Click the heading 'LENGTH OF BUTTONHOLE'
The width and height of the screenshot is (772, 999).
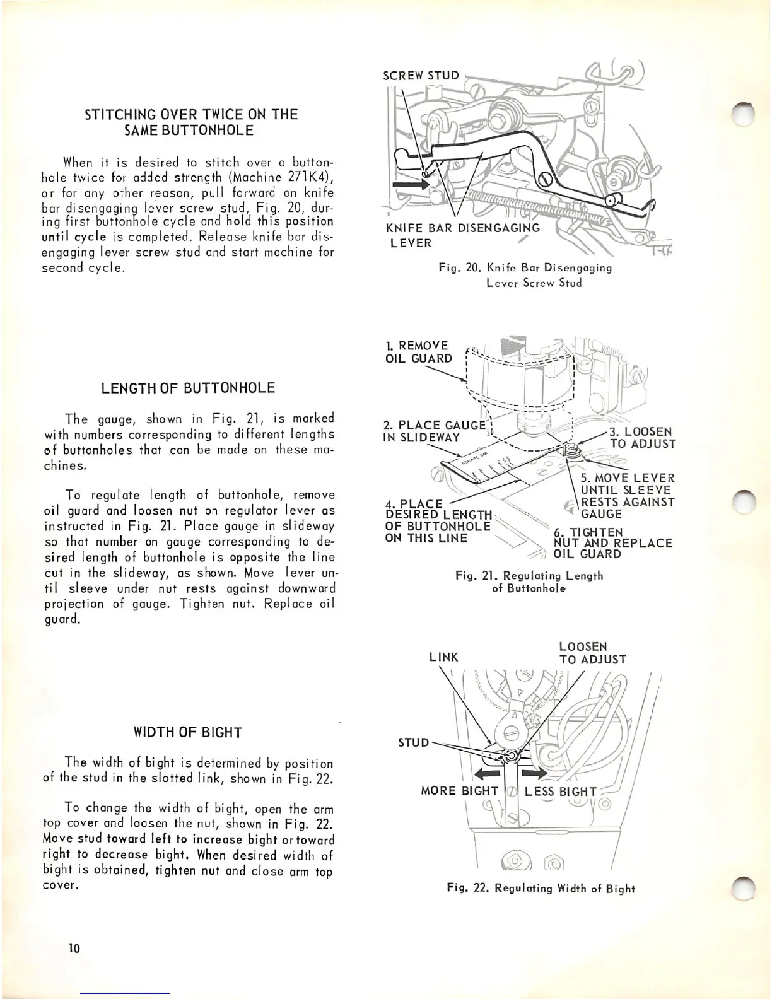pyautogui.click(x=188, y=387)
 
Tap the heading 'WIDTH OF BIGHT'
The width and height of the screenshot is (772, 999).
pyautogui.click(x=188, y=732)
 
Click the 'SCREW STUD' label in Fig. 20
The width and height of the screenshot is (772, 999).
pyautogui.click(x=421, y=76)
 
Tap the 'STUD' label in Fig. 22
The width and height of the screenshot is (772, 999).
pyautogui.click(x=413, y=742)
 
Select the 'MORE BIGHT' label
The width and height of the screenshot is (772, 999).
pyautogui.click(x=460, y=792)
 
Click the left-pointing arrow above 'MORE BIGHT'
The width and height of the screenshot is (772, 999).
pyautogui.click(x=486, y=774)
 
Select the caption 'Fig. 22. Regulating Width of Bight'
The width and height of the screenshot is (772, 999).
pyautogui.click(x=540, y=889)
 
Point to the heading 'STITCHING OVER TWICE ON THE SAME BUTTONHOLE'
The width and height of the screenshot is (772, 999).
pyautogui.click(x=190, y=122)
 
